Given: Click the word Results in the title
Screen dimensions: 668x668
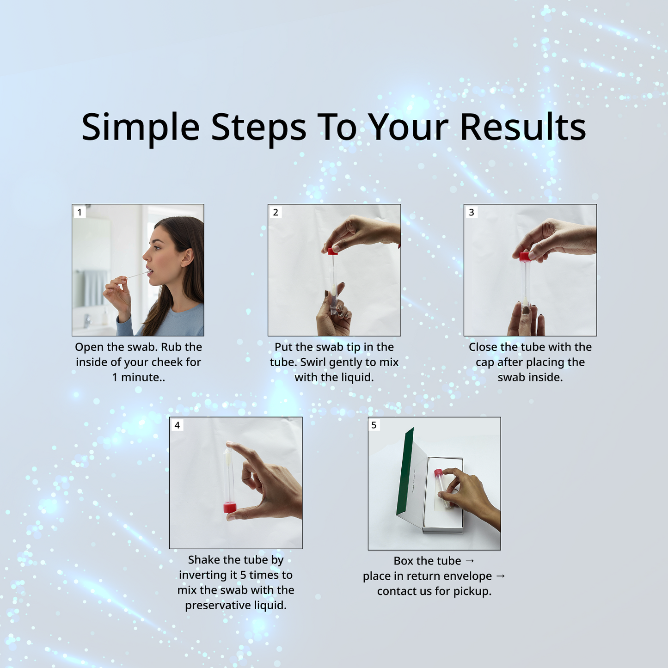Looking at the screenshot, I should tap(523, 127).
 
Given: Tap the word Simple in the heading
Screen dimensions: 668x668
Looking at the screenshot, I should tap(140, 127).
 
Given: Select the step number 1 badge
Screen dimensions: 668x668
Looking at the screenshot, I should tap(80, 212).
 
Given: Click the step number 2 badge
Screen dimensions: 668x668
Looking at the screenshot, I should tap(276, 212).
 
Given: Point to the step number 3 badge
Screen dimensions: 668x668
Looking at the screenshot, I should tap(472, 212).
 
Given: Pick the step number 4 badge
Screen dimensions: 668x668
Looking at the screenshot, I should tap(177, 425).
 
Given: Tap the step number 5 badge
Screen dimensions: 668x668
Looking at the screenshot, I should tap(374, 425).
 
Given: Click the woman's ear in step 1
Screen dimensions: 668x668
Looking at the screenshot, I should tap(187, 257).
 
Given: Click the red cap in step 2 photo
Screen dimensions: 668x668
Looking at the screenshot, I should tap(332, 251).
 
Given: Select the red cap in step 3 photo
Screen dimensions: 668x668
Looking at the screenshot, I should tap(524, 257).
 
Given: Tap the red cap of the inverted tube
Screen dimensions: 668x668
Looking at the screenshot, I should tap(230, 508).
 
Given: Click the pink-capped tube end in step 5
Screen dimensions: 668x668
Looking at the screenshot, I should tap(438, 472).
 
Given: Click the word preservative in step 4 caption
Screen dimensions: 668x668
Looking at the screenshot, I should tap(213, 605).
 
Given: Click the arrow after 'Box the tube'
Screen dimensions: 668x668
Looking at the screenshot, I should tap(470, 561).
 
